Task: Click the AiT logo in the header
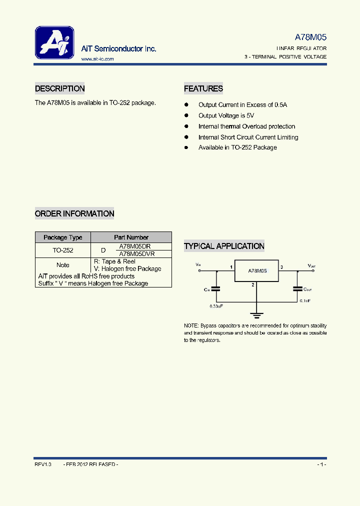click(x=54, y=42)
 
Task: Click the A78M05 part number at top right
click(x=310, y=37)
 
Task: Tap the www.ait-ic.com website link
click(x=97, y=59)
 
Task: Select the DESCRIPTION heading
click(x=59, y=88)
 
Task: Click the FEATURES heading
click(x=203, y=88)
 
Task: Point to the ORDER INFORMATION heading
click(x=74, y=213)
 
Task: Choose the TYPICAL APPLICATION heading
click(x=224, y=246)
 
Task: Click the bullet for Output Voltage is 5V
click(x=186, y=115)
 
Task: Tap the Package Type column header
click(x=62, y=237)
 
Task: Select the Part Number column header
click(x=131, y=237)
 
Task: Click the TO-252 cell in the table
click(x=62, y=250)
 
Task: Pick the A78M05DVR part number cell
click(x=136, y=254)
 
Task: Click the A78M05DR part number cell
click(x=134, y=246)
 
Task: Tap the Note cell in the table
click(x=62, y=265)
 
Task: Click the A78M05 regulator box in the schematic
click(x=257, y=270)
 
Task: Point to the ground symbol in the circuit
click(x=256, y=315)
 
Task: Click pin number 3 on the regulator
click(x=281, y=267)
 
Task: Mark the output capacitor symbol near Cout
click(x=297, y=288)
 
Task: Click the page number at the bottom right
click(x=321, y=465)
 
